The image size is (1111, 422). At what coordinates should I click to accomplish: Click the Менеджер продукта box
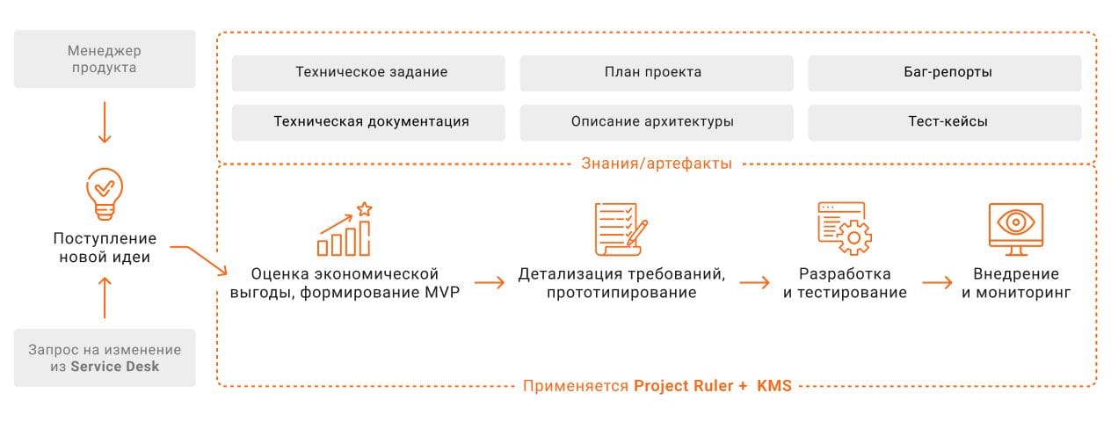point(105,59)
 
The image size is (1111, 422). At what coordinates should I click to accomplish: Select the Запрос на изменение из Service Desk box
point(105,358)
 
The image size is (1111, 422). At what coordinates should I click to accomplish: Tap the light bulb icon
point(104,193)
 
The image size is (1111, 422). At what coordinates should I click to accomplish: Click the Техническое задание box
point(368,73)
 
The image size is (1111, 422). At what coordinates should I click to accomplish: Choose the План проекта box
point(656,73)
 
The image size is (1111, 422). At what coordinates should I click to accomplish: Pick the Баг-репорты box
point(944,73)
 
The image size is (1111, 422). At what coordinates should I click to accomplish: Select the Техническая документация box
point(368,122)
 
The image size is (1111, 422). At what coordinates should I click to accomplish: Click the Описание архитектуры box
point(656,122)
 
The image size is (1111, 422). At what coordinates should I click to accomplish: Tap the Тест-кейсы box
point(944,122)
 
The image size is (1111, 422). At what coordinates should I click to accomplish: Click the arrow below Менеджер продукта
point(105,122)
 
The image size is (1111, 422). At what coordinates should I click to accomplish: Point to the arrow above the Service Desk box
point(105,297)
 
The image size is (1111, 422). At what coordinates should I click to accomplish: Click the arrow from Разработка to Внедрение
point(937,283)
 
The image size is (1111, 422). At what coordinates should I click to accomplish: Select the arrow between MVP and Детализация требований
point(490,283)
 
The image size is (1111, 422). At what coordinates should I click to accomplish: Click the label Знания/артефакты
point(656,164)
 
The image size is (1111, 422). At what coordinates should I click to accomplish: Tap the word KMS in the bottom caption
point(774,386)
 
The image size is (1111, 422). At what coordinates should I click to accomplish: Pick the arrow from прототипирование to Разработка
point(754,283)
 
